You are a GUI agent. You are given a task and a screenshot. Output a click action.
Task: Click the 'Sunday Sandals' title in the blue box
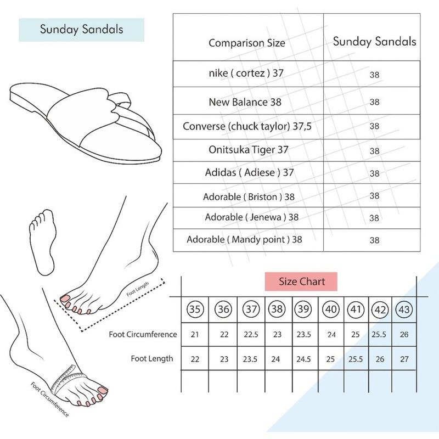(x=81, y=30)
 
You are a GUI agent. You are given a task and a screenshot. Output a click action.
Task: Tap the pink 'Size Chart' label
(x=301, y=282)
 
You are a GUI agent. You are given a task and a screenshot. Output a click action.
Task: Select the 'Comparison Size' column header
(x=246, y=43)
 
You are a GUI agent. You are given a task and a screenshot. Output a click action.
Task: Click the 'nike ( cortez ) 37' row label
(x=246, y=73)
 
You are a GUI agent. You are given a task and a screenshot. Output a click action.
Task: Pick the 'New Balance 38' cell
(x=245, y=102)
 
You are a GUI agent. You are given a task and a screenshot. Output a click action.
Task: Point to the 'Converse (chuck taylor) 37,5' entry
(x=247, y=126)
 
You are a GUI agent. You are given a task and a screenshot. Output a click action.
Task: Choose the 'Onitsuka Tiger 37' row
(x=249, y=149)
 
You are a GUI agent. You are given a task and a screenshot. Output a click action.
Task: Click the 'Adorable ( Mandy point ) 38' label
(x=244, y=239)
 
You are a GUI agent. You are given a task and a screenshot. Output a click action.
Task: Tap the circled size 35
(x=195, y=309)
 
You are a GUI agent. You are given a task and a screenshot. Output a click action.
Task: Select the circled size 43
(x=404, y=309)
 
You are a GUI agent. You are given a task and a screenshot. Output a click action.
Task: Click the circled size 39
(x=303, y=309)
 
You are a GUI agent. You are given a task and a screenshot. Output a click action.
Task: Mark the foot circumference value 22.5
(x=251, y=334)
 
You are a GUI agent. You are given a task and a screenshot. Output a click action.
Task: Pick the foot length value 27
(x=404, y=359)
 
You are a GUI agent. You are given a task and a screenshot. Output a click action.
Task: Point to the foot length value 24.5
(x=303, y=359)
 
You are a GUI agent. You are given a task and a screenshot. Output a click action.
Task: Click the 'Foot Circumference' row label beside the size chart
(x=143, y=334)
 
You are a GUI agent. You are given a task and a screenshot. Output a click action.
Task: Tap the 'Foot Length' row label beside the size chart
(x=152, y=359)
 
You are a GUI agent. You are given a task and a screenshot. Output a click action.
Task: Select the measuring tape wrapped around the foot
(x=64, y=379)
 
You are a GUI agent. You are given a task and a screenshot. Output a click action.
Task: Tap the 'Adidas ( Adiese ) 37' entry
(x=250, y=172)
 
